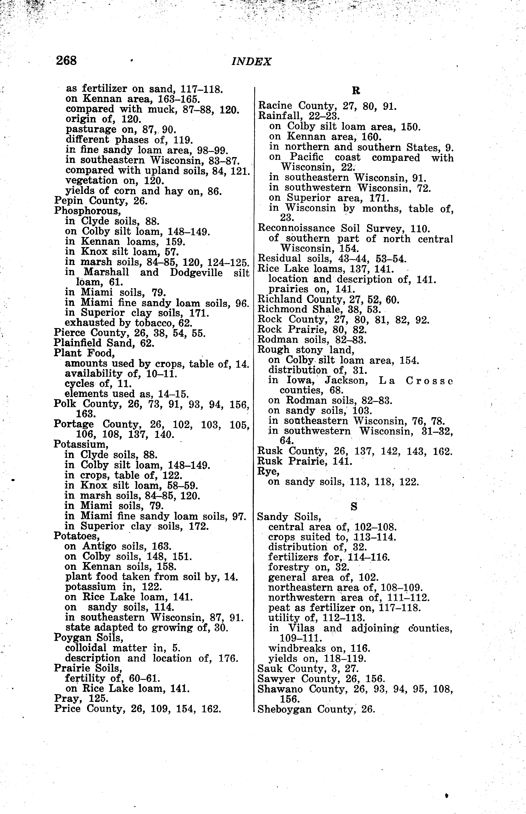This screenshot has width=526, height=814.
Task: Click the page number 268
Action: click(x=67, y=61)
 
